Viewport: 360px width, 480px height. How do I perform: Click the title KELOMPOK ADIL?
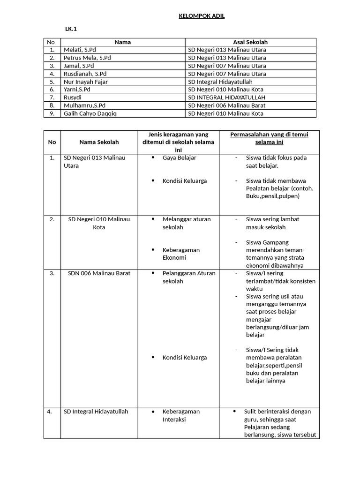pyautogui.click(x=202, y=16)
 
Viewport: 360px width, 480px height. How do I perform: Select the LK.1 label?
pyautogui.click(x=71, y=29)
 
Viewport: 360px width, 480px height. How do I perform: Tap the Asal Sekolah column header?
pyautogui.click(x=250, y=42)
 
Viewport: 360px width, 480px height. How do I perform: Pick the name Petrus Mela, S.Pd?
pyautogui.click(x=87, y=58)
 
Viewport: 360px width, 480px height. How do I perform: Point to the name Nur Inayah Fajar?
pyautogui.click(x=86, y=82)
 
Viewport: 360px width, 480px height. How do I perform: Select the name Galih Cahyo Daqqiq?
pyautogui.click(x=91, y=113)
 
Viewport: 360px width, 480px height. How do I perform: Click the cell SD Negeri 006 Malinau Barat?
pyautogui.click(x=227, y=105)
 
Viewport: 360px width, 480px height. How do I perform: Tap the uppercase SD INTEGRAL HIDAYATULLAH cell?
pyautogui.click(x=227, y=97)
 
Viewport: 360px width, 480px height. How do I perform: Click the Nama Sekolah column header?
pyautogui.click(x=99, y=142)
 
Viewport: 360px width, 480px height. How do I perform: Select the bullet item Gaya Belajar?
pyautogui.click(x=179, y=158)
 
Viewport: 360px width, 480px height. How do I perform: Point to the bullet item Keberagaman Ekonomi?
pyautogui.click(x=181, y=254)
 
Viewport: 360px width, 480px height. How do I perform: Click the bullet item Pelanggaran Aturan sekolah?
pyautogui.click(x=188, y=277)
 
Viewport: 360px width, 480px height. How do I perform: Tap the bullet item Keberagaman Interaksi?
pyautogui.click(x=181, y=415)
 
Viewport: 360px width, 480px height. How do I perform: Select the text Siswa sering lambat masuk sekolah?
pyautogui.click(x=272, y=223)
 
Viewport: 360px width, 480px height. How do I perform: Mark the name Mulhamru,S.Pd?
pyautogui.click(x=84, y=105)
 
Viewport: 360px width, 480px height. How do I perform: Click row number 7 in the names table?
pyautogui.click(x=52, y=97)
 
